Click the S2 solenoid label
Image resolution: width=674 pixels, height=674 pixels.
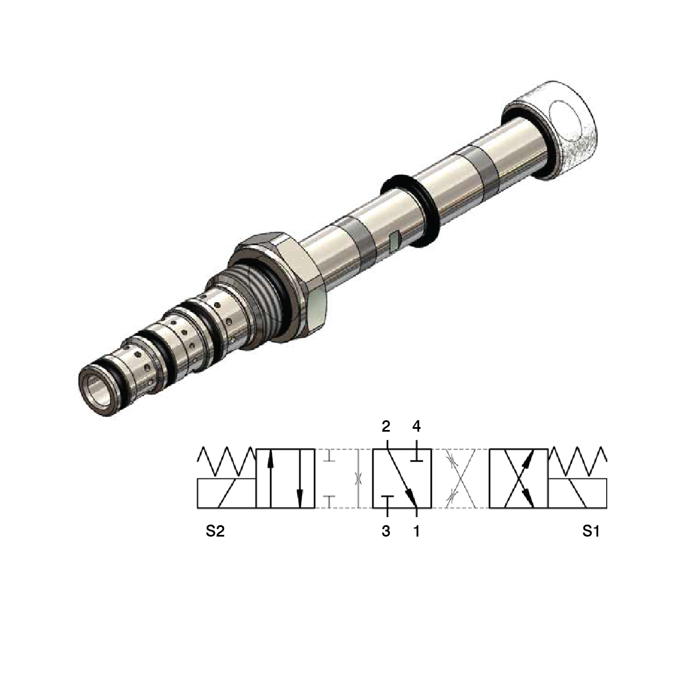click(215, 531)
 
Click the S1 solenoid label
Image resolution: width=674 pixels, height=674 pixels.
click(591, 531)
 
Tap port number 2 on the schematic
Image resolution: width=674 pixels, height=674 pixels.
click(386, 426)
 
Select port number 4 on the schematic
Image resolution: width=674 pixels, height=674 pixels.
click(416, 426)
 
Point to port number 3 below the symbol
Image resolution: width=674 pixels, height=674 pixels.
click(386, 531)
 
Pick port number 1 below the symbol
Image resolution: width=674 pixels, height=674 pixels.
click(416, 531)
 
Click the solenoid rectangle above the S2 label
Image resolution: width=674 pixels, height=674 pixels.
click(226, 493)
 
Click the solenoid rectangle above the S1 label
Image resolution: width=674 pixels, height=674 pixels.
click(577, 493)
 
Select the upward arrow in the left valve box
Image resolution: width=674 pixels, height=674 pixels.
click(270, 478)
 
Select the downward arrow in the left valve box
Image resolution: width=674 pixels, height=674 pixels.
click(299, 478)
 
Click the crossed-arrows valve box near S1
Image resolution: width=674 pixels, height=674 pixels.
click(518, 478)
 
